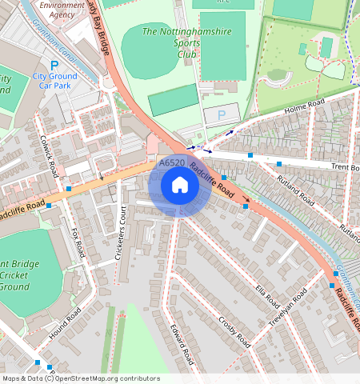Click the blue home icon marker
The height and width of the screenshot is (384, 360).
pyautogui.click(x=180, y=186)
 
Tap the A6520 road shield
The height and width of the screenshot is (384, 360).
pyautogui.click(x=172, y=163)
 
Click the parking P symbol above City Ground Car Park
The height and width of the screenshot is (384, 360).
pyautogui.click(x=54, y=66)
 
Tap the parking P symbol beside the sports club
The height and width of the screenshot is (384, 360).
pyautogui.click(x=221, y=115)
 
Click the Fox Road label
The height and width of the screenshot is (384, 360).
pyautogui.click(x=78, y=242)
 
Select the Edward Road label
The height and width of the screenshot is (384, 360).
pyautogui.click(x=181, y=344)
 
